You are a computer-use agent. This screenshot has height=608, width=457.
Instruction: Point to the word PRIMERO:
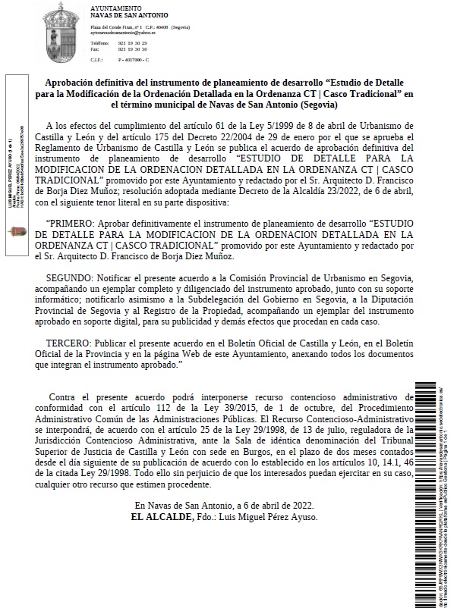[x=71, y=225]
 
